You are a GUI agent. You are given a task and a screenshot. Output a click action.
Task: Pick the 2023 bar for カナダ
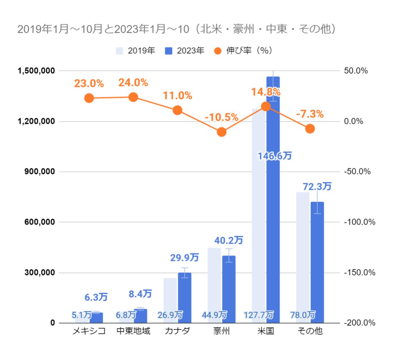tap(184, 298)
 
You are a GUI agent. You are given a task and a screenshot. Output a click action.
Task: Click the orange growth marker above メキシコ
tap(89, 98)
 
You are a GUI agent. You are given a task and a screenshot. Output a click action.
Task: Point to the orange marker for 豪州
tap(222, 132)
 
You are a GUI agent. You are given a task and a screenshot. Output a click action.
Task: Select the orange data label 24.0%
tap(133, 83)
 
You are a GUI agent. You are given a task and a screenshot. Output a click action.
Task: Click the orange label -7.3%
tap(309, 114)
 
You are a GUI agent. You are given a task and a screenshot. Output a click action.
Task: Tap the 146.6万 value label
tap(274, 156)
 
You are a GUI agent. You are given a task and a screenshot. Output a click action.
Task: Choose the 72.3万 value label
tap(317, 187)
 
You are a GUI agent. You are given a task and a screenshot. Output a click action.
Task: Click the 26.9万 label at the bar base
tap(170, 315)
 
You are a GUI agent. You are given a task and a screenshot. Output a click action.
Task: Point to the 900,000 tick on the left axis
tap(39, 172)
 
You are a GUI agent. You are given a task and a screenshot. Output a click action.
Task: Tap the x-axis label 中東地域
tap(133, 331)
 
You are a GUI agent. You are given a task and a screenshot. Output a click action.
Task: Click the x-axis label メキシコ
tap(89, 331)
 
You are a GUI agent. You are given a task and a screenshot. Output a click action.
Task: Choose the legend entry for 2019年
tap(136, 51)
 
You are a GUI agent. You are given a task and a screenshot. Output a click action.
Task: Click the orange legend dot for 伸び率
tap(218, 51)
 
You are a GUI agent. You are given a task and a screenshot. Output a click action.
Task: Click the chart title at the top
tap(177, 29)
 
